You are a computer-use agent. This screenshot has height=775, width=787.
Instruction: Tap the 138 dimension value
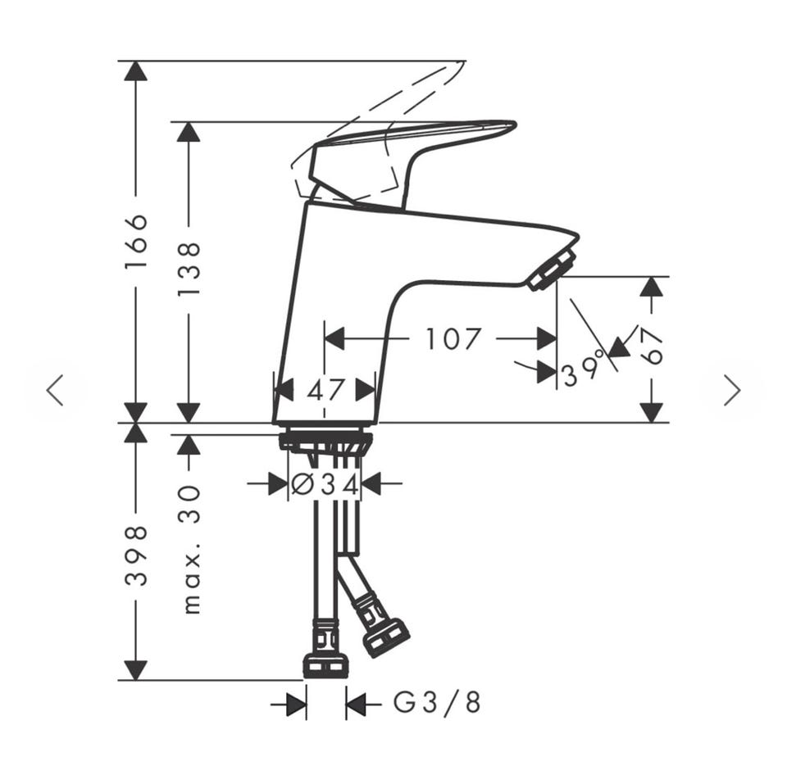189,269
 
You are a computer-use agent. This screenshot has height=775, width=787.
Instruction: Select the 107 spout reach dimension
453,338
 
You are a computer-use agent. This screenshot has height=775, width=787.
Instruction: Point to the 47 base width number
325,390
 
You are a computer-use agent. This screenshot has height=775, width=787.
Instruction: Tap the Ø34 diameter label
325,484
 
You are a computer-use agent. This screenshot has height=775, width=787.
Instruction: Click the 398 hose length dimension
136,555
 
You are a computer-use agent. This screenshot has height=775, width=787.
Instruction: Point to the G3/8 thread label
437,703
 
